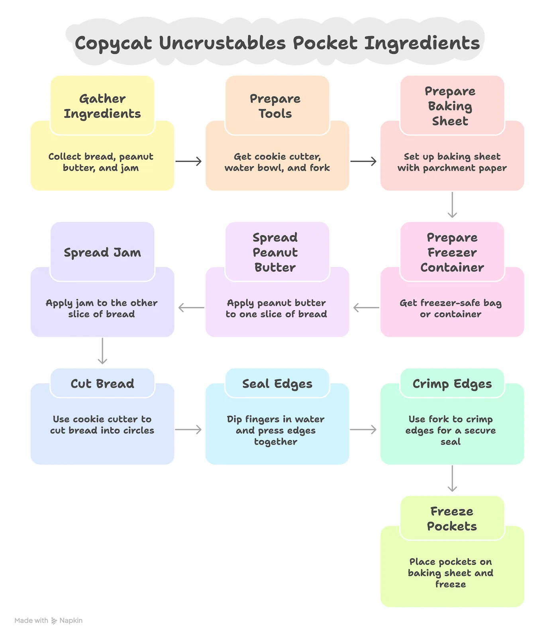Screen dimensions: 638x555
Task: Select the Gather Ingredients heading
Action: pos(102,106)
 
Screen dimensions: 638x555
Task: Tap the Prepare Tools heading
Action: pos(275,106)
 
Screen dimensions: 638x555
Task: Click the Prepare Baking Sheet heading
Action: pos(451,106)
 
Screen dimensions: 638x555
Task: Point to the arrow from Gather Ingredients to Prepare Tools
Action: pos(189,161)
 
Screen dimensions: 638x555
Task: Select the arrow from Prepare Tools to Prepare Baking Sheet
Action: pos(364,161)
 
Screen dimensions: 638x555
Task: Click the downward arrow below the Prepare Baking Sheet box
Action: pos(452,206)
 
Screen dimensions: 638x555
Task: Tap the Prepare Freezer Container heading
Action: pos(452,252)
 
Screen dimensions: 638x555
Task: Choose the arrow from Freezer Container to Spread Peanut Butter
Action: pos(365,307)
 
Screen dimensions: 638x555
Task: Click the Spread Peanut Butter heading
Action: pos(275,252)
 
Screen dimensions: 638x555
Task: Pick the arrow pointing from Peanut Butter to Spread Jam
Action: pos(190,307)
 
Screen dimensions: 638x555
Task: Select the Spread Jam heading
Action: pos(102,252)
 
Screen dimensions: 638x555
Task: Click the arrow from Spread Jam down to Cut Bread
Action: pos(102,352)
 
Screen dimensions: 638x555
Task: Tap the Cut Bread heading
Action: pos(102,384)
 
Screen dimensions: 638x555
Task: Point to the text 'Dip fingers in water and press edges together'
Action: pos(276,430)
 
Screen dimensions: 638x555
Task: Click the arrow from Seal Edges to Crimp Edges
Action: pos(364,429)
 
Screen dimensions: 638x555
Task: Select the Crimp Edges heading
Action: pos(452,384)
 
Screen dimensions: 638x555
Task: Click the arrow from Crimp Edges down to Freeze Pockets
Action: pos(452,480)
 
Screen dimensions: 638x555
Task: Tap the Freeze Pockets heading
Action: pos(452,518)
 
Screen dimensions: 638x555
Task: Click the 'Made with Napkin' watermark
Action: pos(49,620)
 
